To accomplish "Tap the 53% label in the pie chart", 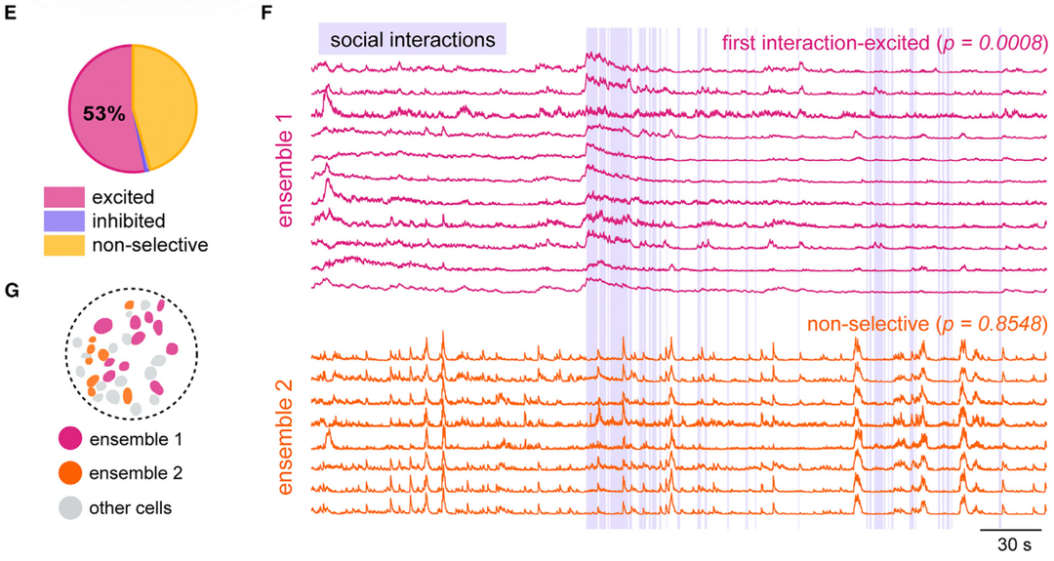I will (x=103, y=114).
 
